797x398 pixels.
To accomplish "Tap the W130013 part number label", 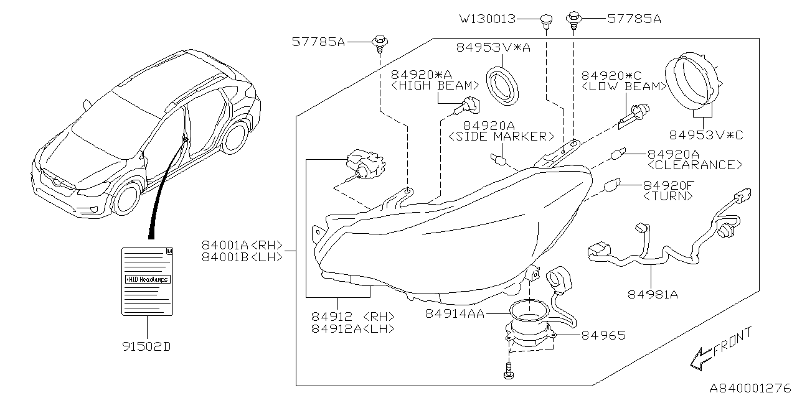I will tap(488, 19).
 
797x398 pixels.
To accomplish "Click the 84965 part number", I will tap(603, 335).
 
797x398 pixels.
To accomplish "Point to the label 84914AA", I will tap(455, 314).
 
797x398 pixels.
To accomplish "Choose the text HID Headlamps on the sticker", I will tap(148, 279).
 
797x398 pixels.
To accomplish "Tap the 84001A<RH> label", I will tap(242, 245).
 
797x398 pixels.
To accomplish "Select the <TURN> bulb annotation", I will tap(668, 196).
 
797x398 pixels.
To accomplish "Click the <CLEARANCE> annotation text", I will tap(695, 165).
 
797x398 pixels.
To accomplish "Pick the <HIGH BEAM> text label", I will tap(435, 86).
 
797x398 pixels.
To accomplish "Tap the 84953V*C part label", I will tap(706, 134).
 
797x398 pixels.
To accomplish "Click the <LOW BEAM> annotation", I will tap(623, 86).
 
